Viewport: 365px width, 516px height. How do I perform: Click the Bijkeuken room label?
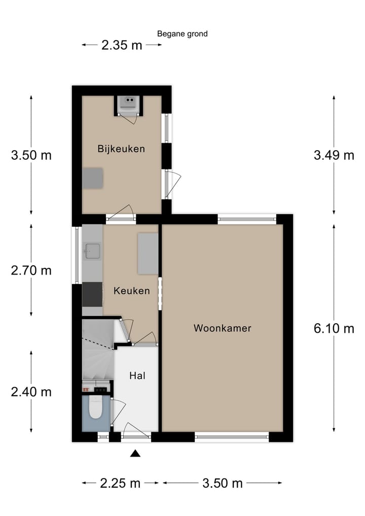point(121,149)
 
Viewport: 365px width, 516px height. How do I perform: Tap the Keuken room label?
point(131,291)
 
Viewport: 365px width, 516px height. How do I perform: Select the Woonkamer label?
point(222,328)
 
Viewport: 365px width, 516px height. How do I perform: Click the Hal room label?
point(137,376)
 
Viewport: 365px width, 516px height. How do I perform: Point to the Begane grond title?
point(182,34)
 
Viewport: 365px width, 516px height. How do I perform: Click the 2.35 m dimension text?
point(122,45)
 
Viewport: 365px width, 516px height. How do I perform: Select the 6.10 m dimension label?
point(334,329)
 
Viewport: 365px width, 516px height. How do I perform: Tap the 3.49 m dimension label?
point(334,155)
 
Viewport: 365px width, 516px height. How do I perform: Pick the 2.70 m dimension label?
point(31,270)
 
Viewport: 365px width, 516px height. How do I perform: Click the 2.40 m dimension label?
point(31,392)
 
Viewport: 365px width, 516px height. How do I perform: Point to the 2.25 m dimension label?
point(120,483)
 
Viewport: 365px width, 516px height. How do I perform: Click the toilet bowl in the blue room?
point(95,409)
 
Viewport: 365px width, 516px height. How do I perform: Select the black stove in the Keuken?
point(92,294)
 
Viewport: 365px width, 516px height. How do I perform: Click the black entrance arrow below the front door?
point(135,454)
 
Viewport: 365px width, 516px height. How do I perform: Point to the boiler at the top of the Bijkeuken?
point(127,104)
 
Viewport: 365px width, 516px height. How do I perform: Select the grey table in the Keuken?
point(148,254)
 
